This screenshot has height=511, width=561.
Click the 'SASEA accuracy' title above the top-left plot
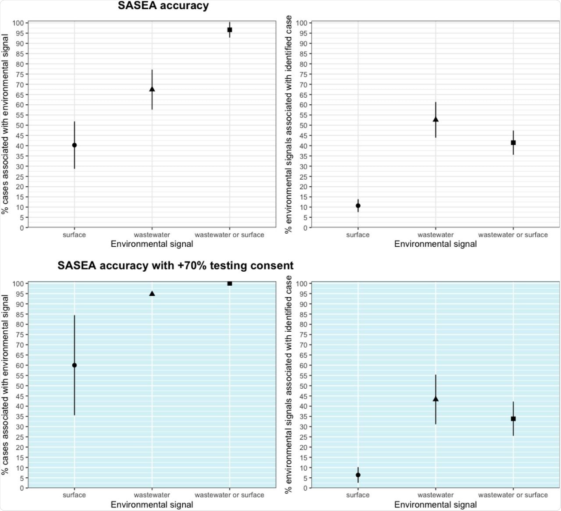point(163,6)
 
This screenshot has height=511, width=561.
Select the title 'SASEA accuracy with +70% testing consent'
point(175,266)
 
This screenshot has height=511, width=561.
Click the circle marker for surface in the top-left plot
point(75,145)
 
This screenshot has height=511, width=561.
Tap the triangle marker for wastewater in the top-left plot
point(152,89)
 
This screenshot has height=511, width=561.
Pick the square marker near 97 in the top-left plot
point(230,30)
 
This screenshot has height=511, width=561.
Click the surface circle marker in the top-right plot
point(358,206)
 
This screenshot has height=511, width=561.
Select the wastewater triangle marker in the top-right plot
point(436,119)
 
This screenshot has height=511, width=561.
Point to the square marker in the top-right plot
point(513,143)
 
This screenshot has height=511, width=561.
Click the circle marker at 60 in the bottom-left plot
point(75,365)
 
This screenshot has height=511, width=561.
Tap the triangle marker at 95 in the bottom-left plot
point(152,294)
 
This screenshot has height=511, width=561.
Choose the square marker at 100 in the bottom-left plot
point(230,284)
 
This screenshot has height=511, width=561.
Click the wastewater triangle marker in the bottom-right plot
point(436,399)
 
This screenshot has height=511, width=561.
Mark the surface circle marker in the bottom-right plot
point(358,475)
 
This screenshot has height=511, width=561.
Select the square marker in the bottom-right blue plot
point(513,419)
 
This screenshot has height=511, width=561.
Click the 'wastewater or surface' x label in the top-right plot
point(513,235)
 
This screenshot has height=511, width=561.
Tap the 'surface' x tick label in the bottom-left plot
point(74,495)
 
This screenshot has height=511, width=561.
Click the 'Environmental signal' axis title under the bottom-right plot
point(435,504)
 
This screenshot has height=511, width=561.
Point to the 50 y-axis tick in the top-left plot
point(20,125)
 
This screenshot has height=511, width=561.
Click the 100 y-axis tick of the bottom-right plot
point(302,284)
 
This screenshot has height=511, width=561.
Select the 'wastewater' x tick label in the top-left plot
point(152,235)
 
